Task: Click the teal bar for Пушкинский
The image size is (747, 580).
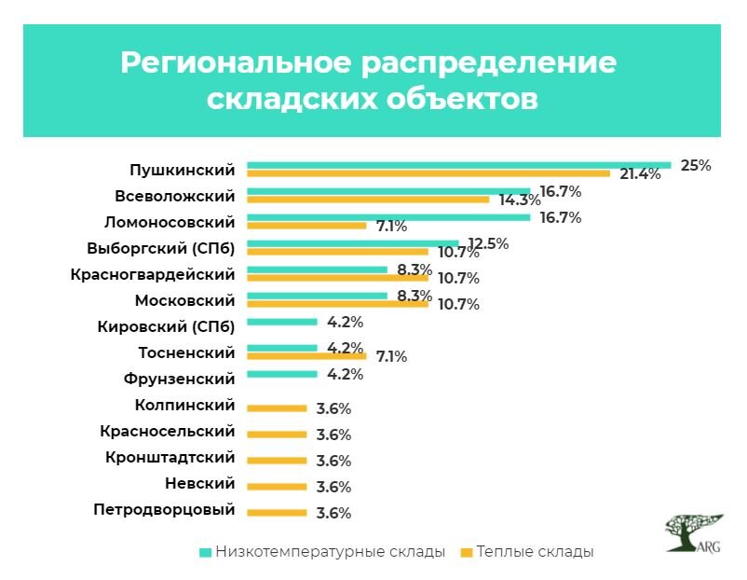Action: click(x=458, y=165)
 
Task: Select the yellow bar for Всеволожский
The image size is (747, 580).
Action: click(x=368, y=199)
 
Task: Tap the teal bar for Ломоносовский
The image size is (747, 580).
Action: click(x=388, y=217)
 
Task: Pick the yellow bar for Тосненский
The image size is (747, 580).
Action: click(x=306, y=355)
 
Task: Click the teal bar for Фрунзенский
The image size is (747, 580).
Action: click(x=282, y=374)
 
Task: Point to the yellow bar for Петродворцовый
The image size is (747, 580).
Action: click(x=277, y=512)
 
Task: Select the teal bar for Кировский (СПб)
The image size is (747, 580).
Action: click(x=282, y=322)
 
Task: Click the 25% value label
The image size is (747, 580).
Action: click(x=696, y=165)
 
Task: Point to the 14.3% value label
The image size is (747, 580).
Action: click(x=519, y=200)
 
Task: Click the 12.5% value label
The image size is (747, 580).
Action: click(x=488, y=243)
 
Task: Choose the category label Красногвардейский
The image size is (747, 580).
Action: click(x=153, y=275)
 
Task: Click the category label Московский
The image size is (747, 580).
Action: click(x=184, y=301)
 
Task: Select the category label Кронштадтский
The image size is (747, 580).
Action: click(x=170, y=458)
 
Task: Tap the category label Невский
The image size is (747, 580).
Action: click(x=199, y=484)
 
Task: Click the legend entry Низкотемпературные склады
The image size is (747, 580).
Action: click(x=322, y=551)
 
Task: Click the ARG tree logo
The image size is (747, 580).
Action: click(x=694, y=532)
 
